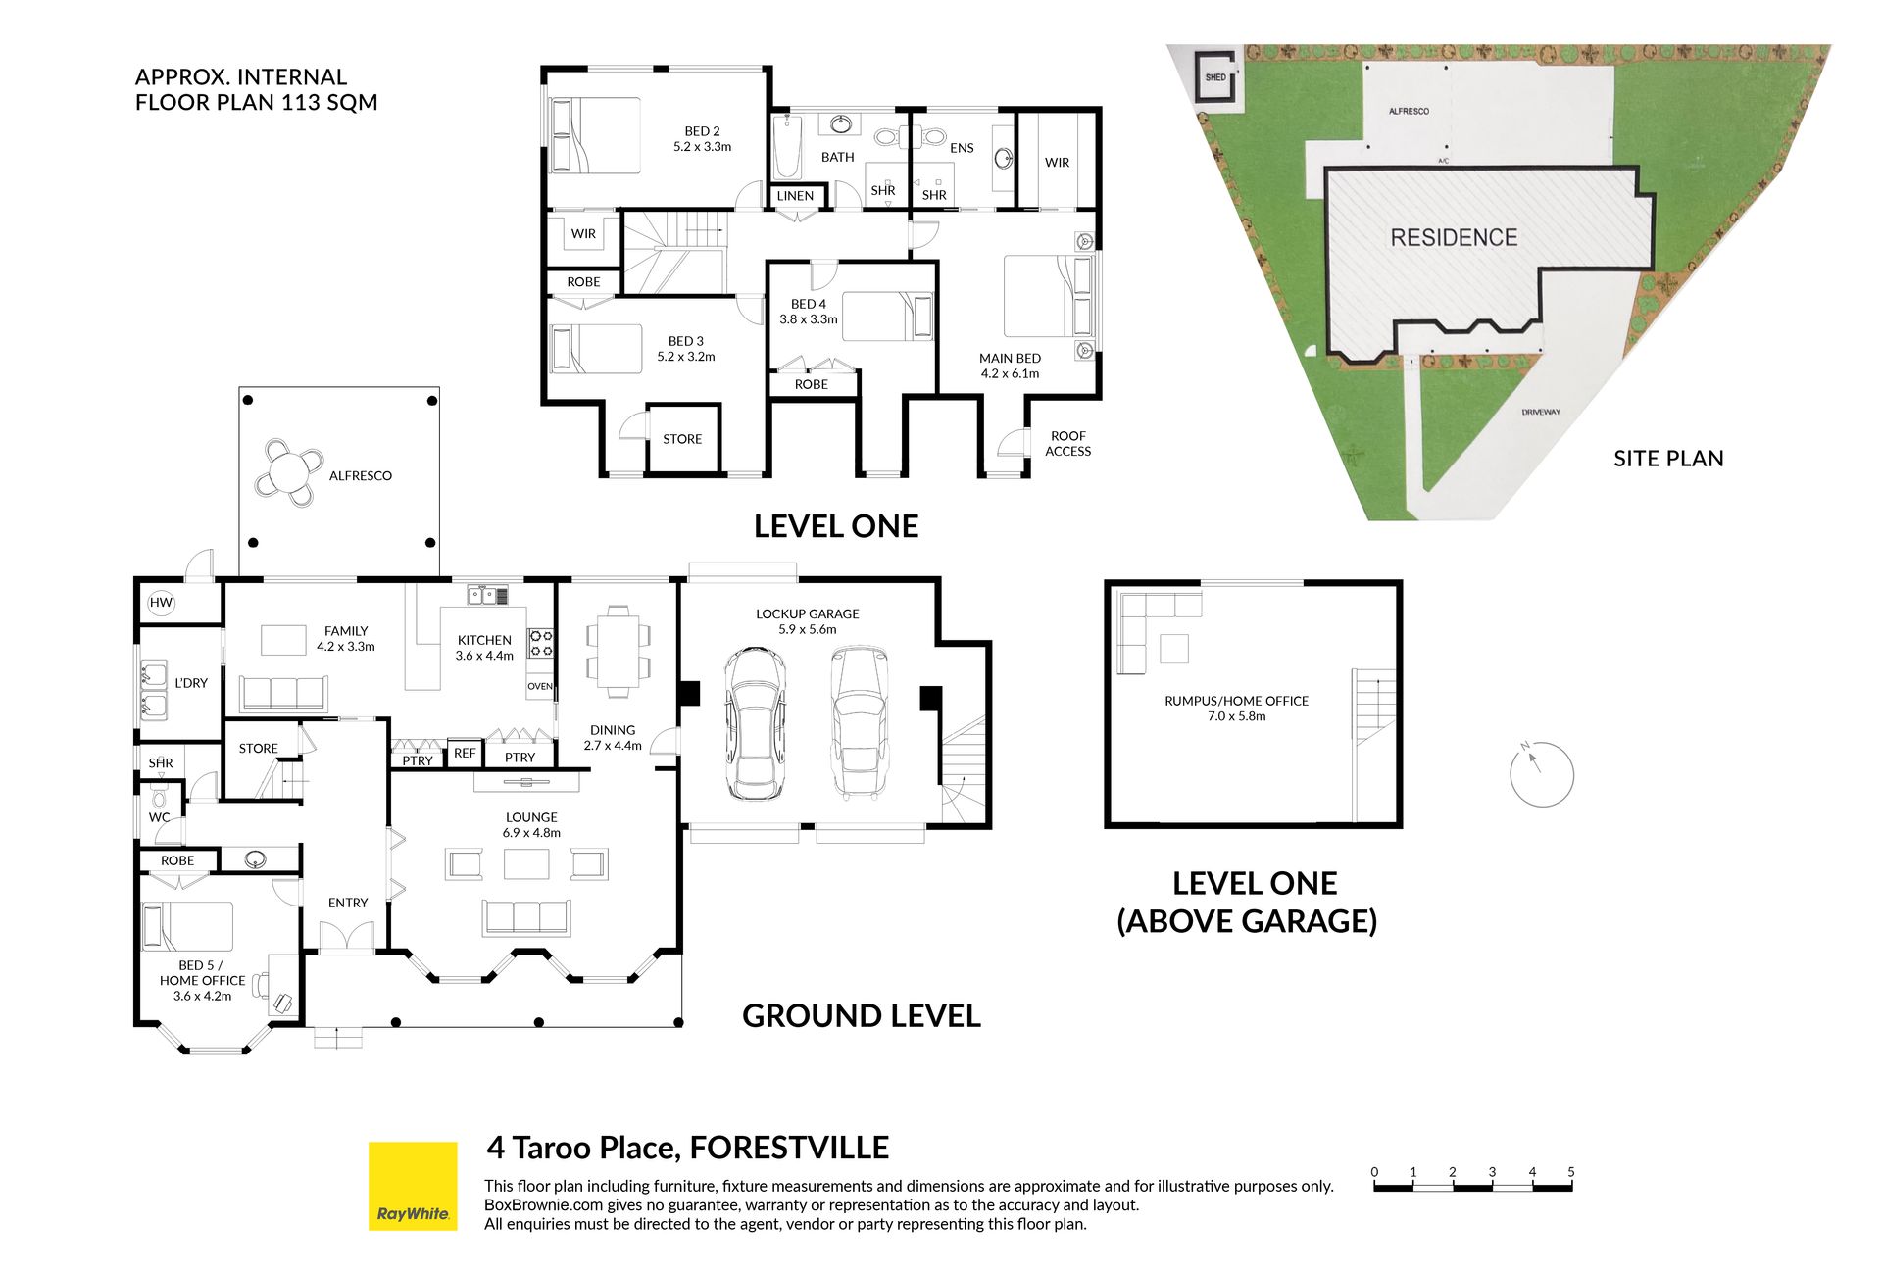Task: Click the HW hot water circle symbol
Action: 161,603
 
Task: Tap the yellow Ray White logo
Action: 413,1185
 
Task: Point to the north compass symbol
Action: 1541,774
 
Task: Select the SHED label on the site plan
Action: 1215,77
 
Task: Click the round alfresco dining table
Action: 290,473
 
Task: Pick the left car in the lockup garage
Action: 755,723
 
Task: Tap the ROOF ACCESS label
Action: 1068,443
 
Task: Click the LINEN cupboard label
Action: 795,196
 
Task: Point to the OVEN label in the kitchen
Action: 540,686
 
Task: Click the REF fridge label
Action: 465,753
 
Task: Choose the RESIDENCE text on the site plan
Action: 1454,237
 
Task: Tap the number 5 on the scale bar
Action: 1570,1171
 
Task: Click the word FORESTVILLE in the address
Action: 789,1147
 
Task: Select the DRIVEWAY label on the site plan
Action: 1541,412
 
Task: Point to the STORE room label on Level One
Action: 682,439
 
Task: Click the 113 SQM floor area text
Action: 329,102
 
